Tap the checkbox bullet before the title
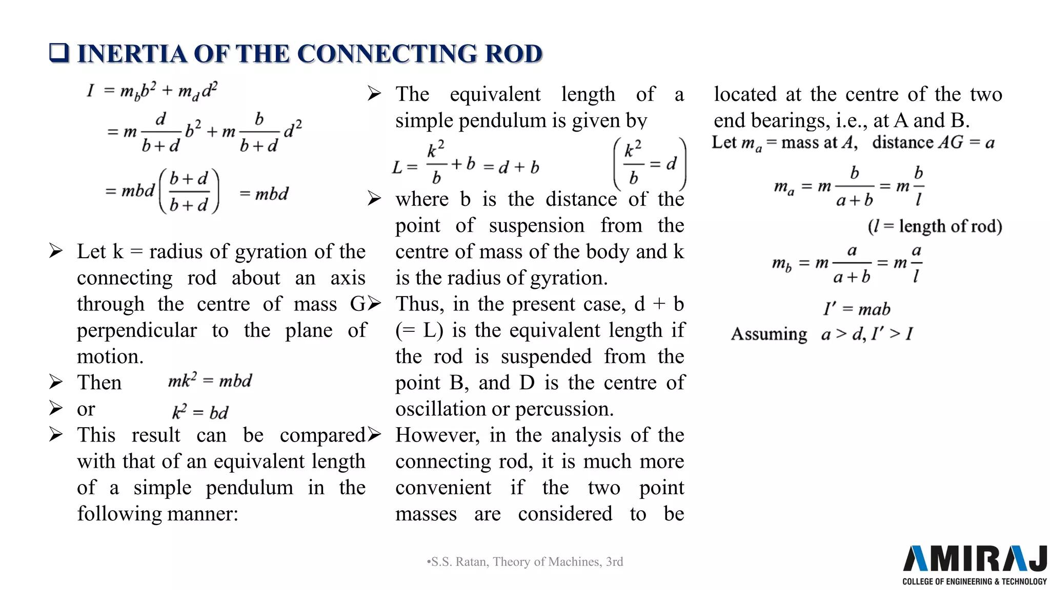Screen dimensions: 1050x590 (59, 53)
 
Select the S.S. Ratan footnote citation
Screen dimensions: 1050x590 (525, 562)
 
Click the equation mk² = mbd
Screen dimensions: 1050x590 (210, 381)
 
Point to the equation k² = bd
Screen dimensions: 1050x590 (200, 412)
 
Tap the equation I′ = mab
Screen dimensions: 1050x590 (857, 309)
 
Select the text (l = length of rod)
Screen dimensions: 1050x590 (935, 226)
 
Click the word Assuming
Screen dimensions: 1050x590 (769, 334)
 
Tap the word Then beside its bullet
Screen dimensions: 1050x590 (99, 383)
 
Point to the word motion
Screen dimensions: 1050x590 (110, 356)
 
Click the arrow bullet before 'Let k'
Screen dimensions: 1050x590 (56, 251)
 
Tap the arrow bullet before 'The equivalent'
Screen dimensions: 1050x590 (374, 94)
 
